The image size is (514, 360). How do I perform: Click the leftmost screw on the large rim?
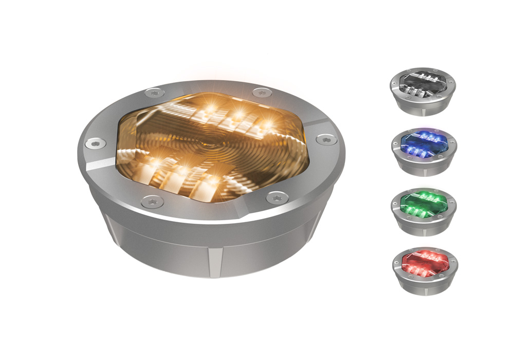coord(94,143)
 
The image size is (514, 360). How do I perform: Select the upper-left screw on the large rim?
coord(154,93)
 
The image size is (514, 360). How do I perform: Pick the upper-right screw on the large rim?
coord(262,93)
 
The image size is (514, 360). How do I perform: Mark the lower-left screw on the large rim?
coord(153,201)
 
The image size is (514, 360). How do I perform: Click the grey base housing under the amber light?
coord(211,247)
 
